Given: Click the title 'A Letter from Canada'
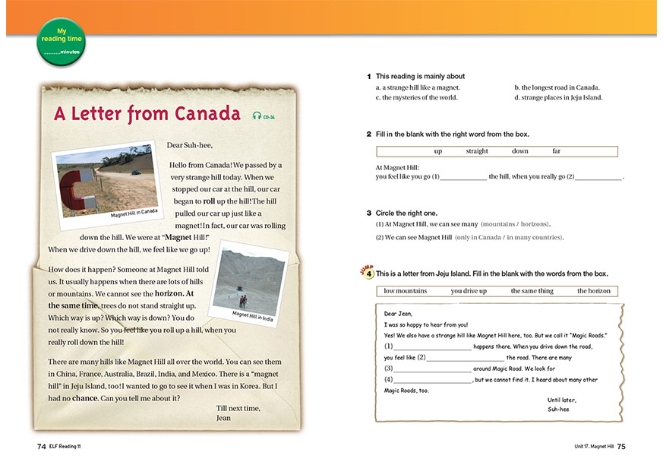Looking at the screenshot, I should click(147, 114).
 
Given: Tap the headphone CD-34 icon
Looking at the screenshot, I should click(263, 116).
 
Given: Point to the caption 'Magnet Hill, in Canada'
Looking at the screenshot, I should click(134, 213).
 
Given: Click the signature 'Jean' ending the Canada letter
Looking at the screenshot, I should click(223, 418).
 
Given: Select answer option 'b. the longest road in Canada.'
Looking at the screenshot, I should click(557, 87).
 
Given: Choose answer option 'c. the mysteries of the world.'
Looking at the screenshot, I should click(417, 97).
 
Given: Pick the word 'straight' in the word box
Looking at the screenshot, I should click(477, 151).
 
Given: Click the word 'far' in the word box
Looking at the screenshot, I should click(556, 151).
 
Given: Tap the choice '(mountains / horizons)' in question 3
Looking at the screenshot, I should click(515, 224).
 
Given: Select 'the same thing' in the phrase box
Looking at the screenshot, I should click(532, 291).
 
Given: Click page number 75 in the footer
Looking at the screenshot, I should click(621, 446).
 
